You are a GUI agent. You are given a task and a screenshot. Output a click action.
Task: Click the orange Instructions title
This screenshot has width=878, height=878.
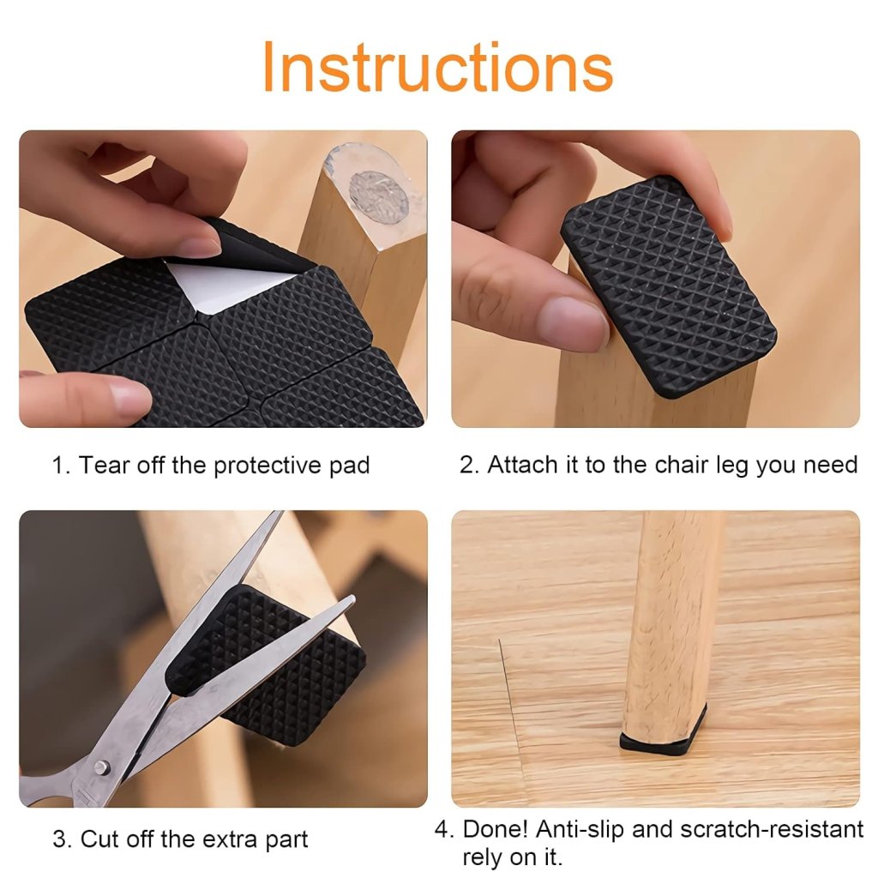tap(437, 67)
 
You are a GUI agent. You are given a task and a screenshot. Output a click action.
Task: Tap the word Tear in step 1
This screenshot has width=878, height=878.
tap(106, 466)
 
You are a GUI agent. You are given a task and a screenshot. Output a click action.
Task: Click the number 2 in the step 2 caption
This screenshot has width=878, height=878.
tap(467, 465)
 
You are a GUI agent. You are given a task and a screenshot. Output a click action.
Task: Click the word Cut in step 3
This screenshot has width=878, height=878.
tap(100, 839)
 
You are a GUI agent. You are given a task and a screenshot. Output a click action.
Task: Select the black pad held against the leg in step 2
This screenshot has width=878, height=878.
tap(669, 287)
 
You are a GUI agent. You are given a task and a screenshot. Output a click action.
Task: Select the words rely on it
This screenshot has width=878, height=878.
tap(512, 857)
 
